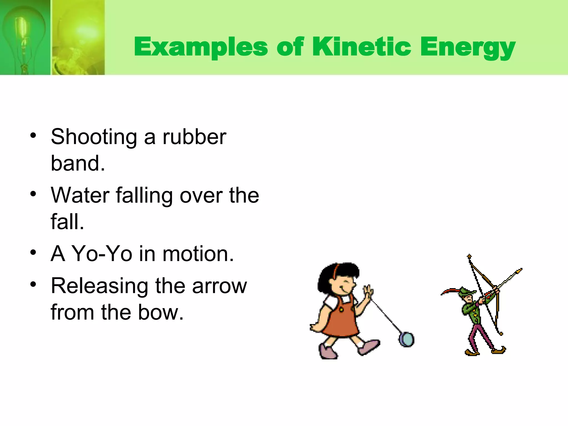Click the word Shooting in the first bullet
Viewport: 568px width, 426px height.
(x=94, y=137)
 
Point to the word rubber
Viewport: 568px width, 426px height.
(x=194, y=137)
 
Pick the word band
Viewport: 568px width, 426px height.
(x=78, y=163)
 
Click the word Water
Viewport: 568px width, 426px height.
(x=80, y=195)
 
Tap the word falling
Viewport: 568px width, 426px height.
(x=144, y=196)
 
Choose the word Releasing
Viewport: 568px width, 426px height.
(x=99, y=286)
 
